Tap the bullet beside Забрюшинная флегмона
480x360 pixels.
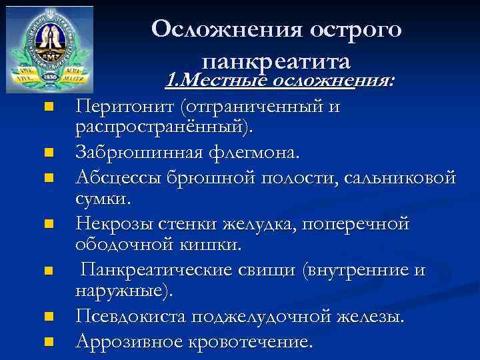click(x=47, y=154)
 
